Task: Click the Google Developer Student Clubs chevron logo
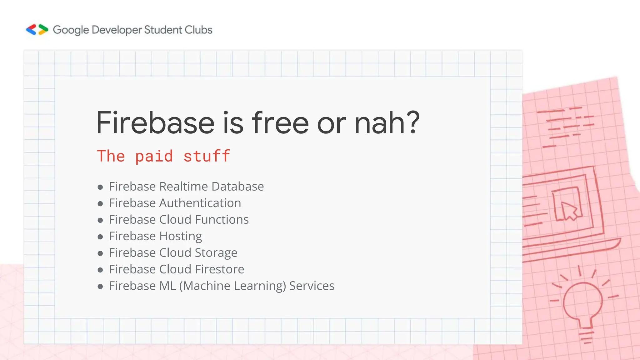tap(37, 30)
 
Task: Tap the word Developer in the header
tap(117, 30)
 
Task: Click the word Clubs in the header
tap(198, 30)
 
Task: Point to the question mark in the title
tap(410, 122)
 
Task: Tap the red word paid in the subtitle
tap(154, 156)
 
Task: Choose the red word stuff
tap(207, 156)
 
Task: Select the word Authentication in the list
tap(200, 203)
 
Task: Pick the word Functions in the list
tap(222, 219)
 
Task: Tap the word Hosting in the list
tap(181, 237)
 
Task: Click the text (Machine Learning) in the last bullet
tap(232, 286)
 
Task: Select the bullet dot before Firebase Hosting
tap(100, 237)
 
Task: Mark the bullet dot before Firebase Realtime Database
tap(100, 187)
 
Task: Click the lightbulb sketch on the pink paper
tap(582, 303)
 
